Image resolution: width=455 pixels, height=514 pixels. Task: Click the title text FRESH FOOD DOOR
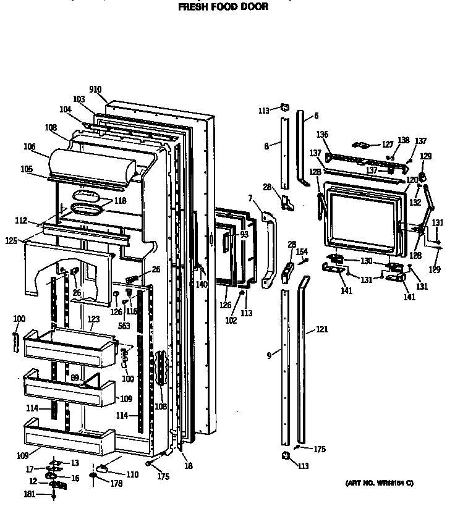pyautogui.click(x=223, y=7)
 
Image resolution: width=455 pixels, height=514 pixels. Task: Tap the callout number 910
pyautogui.click(x=95, y=90)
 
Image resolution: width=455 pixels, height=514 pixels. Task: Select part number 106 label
pyautogui.click(x=29, y=146)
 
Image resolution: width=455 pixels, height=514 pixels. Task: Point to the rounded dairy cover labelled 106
pyautogui.click(x=93, y=164)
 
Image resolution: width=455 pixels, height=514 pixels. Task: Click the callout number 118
pyautogui.click(x=119, y=201)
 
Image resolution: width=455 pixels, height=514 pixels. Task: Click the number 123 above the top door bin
pyautogui.click(x=93, y=319)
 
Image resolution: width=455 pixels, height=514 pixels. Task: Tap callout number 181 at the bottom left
pyautogui.click(x=30, y=494)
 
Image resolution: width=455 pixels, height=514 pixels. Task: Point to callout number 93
pyautogui.click(x=244, y=234)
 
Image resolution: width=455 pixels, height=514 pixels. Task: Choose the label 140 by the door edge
pyautogui.click(x=202, y=284)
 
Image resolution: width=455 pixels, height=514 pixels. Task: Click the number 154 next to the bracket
pyautogui.click(x=302, y=251)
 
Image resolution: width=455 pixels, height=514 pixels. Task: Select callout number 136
pyautogui.click(x=322, y=134)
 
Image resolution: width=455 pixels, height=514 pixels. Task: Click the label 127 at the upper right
pyautogui.click(x=387, y=145)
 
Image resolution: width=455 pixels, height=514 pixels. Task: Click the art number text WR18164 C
pyautogui.click(x=379, y=482)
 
